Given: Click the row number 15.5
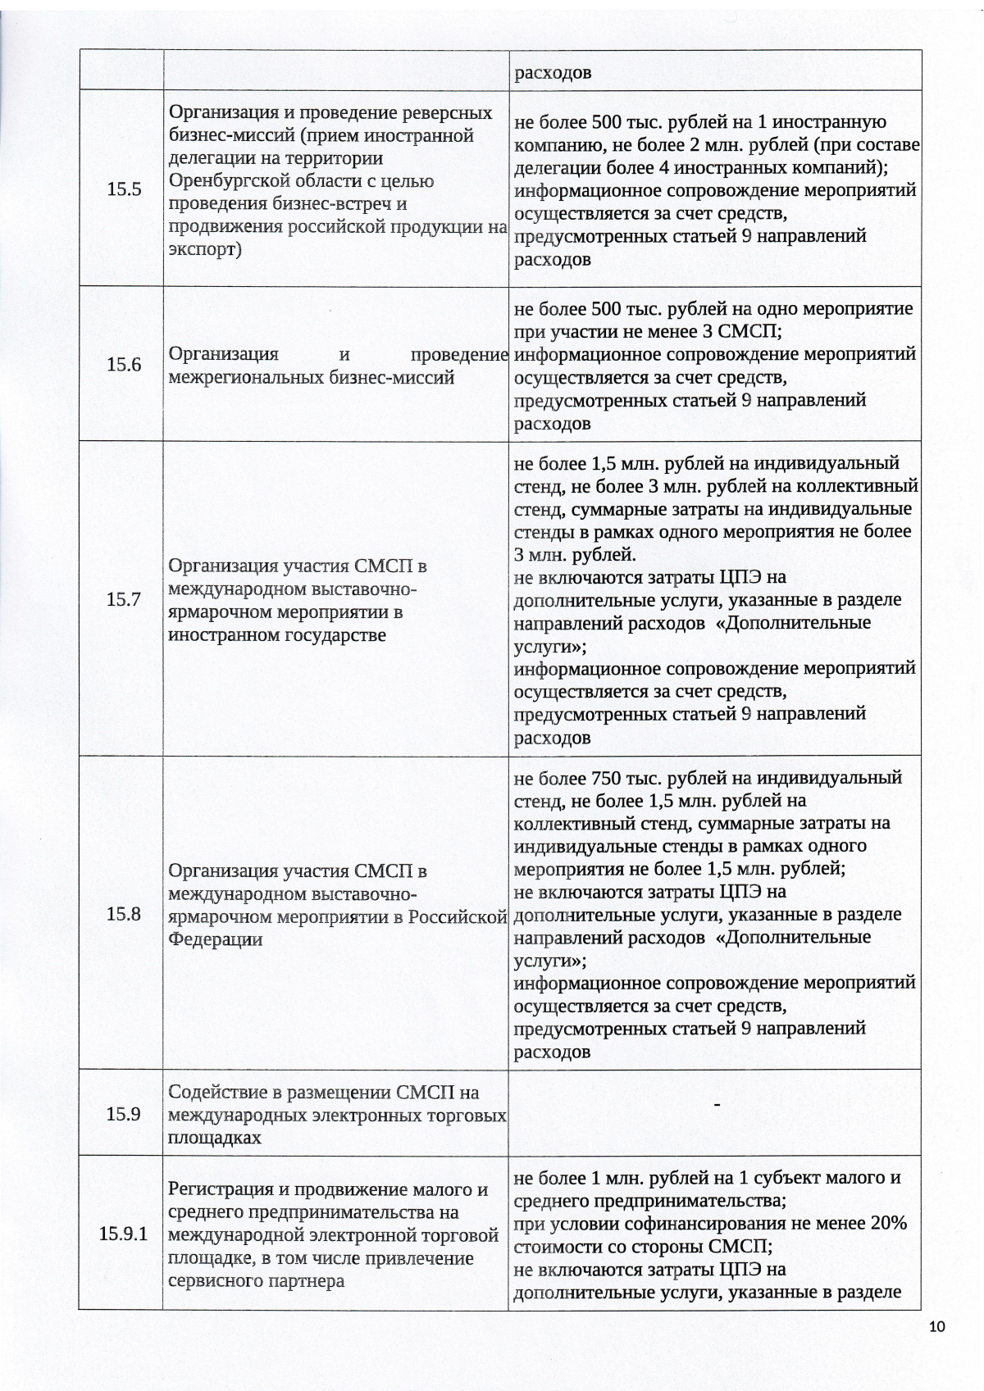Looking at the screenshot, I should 124,189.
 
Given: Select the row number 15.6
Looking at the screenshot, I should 124,365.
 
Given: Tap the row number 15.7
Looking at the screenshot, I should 124,599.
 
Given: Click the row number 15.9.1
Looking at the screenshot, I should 123,1234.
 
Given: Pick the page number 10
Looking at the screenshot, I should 939,1327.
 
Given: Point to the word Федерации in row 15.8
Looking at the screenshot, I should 215,939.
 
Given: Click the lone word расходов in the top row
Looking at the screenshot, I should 553,73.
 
